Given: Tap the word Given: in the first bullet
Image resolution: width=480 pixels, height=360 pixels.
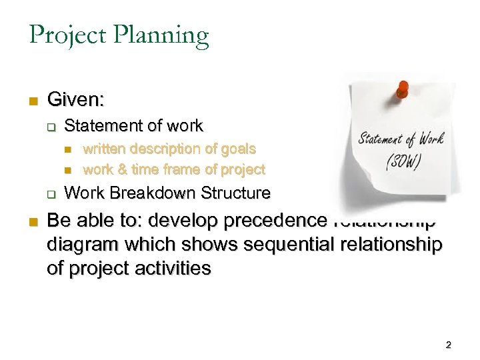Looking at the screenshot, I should point(76,101).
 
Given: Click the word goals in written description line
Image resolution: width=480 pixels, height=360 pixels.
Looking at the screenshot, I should point(238,149).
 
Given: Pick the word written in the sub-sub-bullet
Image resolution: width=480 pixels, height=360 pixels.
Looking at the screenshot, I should point(105,149).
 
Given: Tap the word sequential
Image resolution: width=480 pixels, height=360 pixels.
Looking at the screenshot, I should point(275,245).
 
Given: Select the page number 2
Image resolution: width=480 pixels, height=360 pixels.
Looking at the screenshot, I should point(448,345).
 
